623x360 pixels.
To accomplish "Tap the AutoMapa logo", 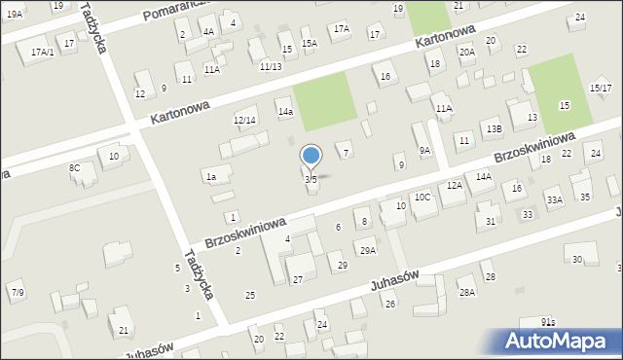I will coord(559,341).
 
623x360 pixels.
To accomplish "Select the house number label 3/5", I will coord(311,179).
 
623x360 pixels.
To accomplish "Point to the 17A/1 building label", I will coord(42,52).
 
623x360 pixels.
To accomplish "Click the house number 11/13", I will coord(271,66).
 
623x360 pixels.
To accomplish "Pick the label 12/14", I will coord(244,120).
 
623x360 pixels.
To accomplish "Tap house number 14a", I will coord(284,112).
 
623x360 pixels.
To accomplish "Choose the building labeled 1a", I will coord(210,177).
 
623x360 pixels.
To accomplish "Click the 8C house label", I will coord(74,168).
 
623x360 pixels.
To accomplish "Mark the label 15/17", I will coord(600,89).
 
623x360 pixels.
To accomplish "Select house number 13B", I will coord(494,128).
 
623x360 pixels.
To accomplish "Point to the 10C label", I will coord(422,197).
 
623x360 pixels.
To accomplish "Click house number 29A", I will coord(367,251).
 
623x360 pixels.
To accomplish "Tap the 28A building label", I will coord(466,292).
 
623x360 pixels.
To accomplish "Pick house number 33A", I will coord(554,200).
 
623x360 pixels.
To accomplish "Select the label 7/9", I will coord(18,292).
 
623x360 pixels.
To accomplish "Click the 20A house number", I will coord(467,52).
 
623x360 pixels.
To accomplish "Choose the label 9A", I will coord(424,150).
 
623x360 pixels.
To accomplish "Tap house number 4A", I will coord(208,31).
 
